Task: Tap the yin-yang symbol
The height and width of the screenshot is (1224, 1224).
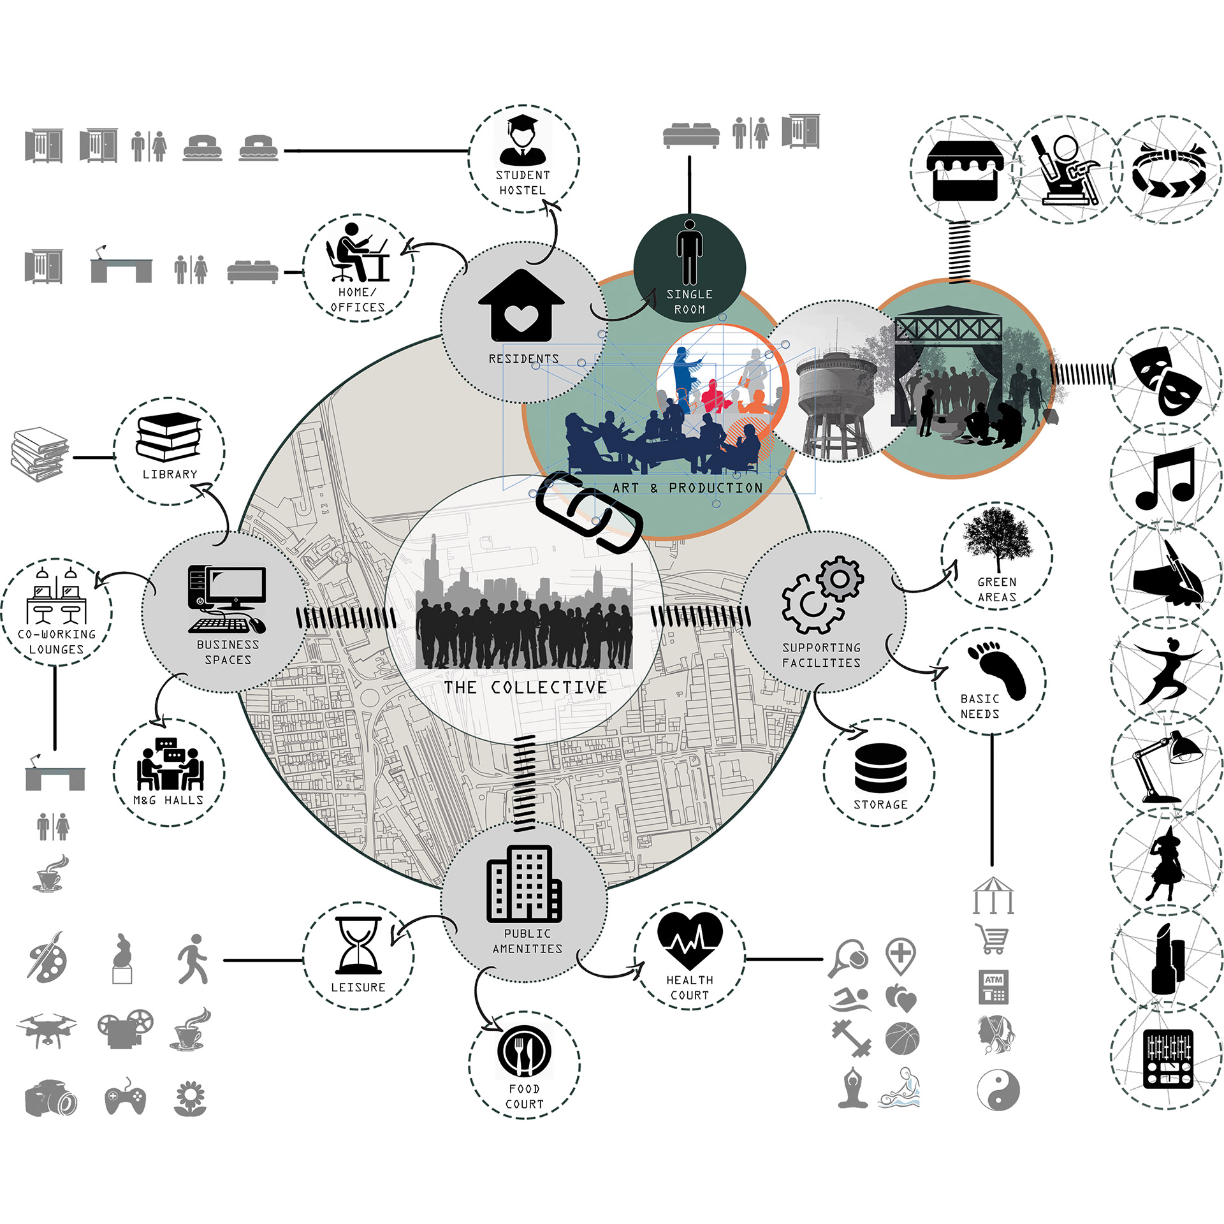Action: [998, 1090]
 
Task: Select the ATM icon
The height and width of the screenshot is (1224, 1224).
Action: [993, 987]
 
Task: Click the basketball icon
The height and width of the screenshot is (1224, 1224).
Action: [902, 1038]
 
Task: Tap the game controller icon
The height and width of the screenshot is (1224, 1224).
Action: [125, 1098]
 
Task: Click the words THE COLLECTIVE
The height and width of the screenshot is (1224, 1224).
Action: [525, 687]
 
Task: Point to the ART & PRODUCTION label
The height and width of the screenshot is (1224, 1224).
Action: [687, 488]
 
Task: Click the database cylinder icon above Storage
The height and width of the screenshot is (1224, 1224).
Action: [880, 768]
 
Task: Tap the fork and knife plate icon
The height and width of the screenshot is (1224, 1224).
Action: [524, 1053]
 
